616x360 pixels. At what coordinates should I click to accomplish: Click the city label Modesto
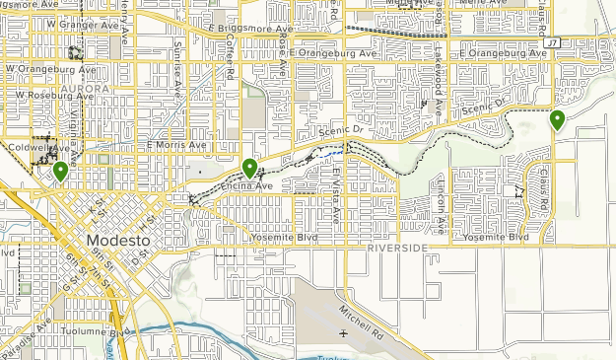(x=117, y=241)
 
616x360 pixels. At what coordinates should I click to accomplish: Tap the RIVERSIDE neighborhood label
(x=397, y=248)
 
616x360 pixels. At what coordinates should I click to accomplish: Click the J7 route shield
(x=552, y=42)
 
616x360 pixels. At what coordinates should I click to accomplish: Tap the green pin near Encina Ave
(x=249, y=169)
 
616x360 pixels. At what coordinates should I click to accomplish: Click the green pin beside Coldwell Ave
(x=60, y=172)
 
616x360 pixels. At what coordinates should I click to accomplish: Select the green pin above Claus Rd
(x=557, y=120)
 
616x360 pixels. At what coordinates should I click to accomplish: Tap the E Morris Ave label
(x=176, y=145)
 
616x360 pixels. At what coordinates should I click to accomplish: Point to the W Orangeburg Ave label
(x=40, y=69)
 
